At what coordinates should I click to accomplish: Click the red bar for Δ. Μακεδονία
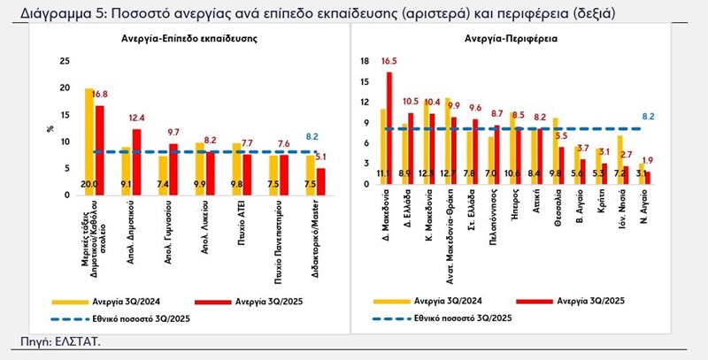coord(389,127)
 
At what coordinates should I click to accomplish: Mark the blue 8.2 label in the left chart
coord(312,137)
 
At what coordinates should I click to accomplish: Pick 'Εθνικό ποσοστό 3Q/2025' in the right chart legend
coord(461,317)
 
